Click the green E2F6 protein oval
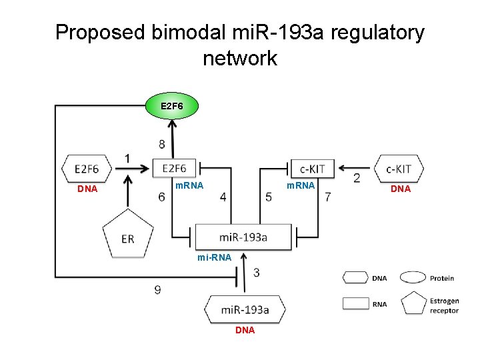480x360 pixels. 172,106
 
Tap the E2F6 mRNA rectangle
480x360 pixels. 173,168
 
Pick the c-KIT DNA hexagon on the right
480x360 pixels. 399,168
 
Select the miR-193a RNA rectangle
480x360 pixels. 243,237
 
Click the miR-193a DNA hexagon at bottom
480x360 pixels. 245,310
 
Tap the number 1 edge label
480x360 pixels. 127,157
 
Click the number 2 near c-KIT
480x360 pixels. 357,178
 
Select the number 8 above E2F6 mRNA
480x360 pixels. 163,143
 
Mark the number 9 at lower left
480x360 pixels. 157,289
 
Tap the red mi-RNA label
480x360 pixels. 214,257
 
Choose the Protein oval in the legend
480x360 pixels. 413,278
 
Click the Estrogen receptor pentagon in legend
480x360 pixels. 413,303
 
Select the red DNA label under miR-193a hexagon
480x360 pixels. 245,330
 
